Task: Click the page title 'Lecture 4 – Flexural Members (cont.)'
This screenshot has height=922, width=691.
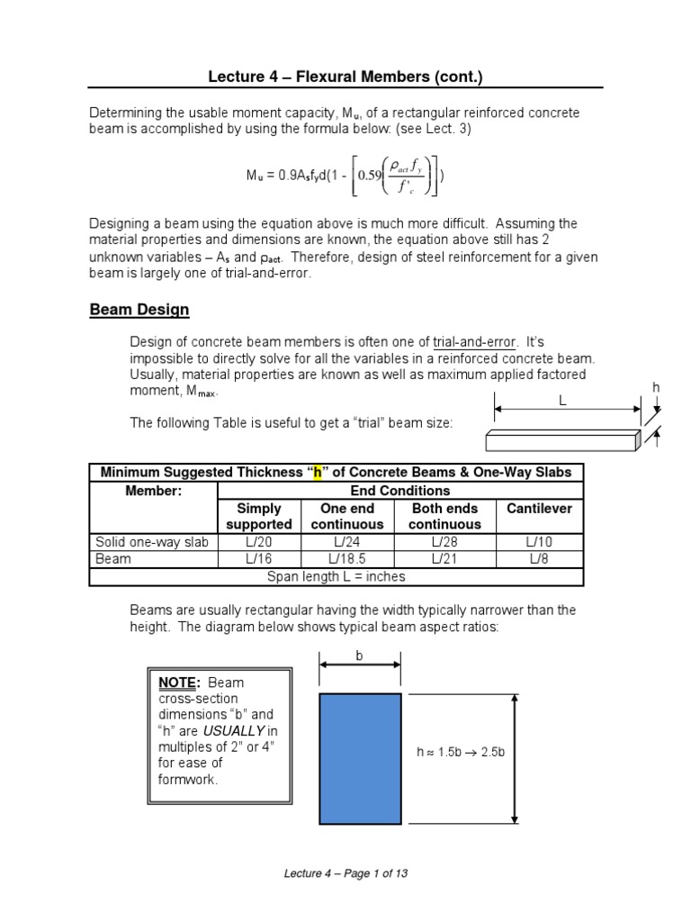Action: [345, 77]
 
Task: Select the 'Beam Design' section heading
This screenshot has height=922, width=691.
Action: [139, 310]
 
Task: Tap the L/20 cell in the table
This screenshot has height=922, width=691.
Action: [259, 541]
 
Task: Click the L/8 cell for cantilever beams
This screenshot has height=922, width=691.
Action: [539, 558]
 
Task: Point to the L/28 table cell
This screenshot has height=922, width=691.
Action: [444, 541]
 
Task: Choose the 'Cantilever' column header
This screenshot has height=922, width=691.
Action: [539, 509]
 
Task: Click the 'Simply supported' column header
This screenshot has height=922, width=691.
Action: [259, 516]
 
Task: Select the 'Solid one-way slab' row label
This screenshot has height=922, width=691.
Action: [152, 541]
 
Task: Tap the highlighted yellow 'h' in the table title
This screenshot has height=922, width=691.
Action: [318, 473]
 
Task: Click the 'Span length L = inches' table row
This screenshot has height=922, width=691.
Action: [337, 576]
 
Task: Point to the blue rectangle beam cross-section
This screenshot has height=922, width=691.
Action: [360, 758]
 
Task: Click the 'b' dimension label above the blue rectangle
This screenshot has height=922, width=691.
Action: [359, 656]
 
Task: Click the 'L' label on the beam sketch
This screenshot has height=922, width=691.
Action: [562, 402]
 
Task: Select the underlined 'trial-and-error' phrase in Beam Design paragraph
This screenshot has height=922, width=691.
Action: [475, 342]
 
